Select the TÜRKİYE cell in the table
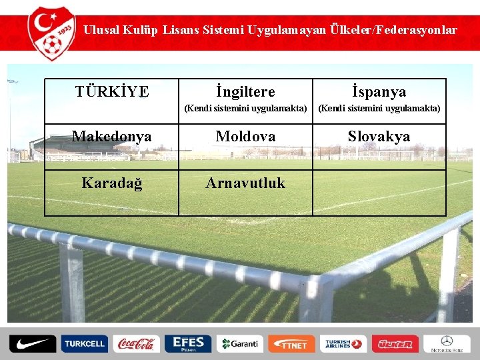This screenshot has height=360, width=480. pos(112,91)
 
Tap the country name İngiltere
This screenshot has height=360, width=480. pos(245,91)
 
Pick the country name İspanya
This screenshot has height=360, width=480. pos(379,91)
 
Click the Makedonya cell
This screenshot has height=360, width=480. pos(112,137)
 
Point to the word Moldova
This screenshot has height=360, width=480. pos(245,137)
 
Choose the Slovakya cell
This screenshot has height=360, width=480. pos(379,137)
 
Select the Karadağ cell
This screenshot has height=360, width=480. pos(112,183)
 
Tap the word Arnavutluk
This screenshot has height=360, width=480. pos(245,183)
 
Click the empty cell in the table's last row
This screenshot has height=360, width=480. pos(379,193)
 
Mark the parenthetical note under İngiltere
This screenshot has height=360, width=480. pos(245,108)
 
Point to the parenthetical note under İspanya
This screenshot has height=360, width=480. pos(379,108)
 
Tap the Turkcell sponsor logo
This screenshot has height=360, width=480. pos(84,344)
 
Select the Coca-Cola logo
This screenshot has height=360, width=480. pos(135,344)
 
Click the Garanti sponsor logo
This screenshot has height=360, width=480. pos(239,344)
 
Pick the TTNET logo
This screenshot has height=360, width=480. pos(291,344)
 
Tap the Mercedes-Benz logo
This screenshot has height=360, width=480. pos(446,344)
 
